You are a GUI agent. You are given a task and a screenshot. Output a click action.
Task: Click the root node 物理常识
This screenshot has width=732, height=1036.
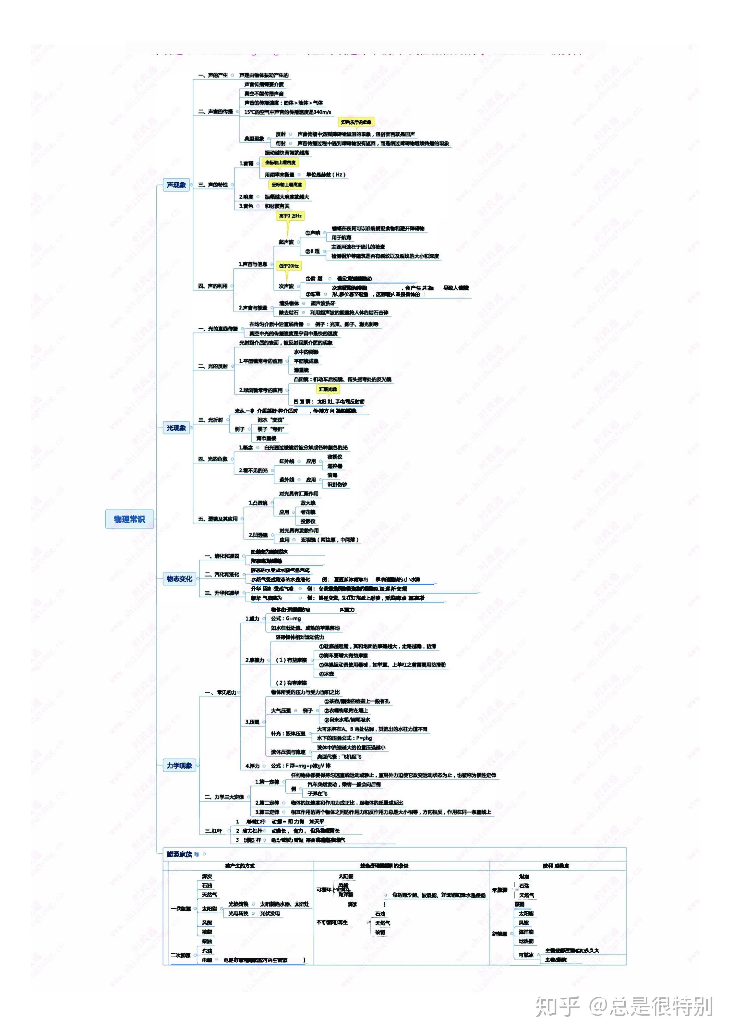(x=129, y=519)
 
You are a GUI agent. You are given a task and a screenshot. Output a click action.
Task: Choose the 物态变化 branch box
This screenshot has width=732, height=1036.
(x=179, y=579)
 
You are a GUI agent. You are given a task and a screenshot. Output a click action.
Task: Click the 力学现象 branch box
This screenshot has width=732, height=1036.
(x=179, y=765)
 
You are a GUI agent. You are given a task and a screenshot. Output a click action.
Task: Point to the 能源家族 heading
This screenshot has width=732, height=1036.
(x=179, y=854)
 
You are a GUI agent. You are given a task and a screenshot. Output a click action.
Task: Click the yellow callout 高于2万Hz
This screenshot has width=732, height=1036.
(x=290, y=216)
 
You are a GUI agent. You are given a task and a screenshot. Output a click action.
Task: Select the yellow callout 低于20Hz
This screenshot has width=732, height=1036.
(x=289, y=266)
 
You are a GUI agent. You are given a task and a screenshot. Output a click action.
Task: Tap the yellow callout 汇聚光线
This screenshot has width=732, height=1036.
(x=328, y=389)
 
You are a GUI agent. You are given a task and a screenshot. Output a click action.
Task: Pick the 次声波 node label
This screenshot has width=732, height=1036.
(x=286, y=286)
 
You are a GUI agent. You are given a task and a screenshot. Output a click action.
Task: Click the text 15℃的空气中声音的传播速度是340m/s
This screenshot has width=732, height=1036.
(x=287, y=112)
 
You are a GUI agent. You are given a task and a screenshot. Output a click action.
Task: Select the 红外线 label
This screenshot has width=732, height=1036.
(x=286, y=461)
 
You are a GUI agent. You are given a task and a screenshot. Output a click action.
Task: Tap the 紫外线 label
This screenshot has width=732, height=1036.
(x=286, y=480)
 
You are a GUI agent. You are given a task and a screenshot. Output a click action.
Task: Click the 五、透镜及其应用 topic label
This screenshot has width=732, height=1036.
(x=218, y=519)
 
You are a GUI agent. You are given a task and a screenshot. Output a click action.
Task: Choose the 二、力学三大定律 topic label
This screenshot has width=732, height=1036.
(x=224, y=797)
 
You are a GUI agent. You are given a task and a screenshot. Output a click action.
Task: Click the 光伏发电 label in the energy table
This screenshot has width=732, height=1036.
(x=270, y=913)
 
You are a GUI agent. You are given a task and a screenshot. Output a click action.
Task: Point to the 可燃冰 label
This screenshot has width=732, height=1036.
(x=526, y=955)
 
